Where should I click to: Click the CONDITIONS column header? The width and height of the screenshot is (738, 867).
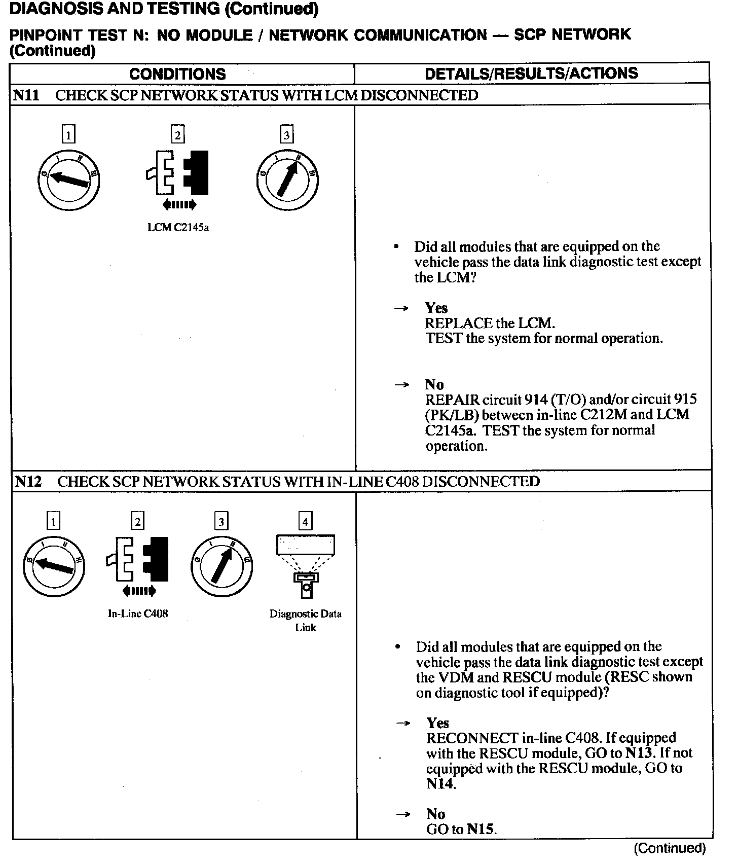(x=177, y=74)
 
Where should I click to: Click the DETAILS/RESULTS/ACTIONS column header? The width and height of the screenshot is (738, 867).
(x=531, y=74)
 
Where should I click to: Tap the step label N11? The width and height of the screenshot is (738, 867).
(x=26, y=95)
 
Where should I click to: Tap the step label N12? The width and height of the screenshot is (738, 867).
(x=28, y=481)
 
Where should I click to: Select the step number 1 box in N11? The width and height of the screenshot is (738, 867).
(x=68, y=135)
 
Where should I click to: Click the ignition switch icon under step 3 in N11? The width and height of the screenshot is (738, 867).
(x=287, y=180)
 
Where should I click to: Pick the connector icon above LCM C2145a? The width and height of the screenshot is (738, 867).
(x=178, y=173)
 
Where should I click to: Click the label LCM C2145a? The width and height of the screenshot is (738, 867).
(x=178, y=228)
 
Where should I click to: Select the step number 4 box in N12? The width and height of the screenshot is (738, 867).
(x=305, y=521)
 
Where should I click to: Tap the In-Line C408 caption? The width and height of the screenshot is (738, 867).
(x=138, y=613)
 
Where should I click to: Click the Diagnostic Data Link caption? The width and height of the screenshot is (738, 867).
(x=306, y=621)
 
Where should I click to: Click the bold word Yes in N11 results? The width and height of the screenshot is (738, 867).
(x=436, y=308)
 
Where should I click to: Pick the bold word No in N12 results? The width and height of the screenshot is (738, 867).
(x=436, y=814)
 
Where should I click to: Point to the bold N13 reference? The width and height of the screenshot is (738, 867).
(x=638, y=753)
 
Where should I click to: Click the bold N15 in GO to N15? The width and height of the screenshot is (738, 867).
(x=481, y=829)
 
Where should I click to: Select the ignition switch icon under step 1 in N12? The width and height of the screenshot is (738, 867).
(x=54, y=566)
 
